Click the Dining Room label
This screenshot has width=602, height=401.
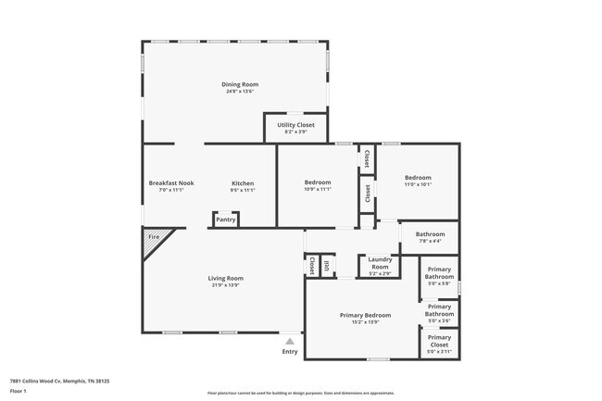point(239,84)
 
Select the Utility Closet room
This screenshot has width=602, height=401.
point(295,128)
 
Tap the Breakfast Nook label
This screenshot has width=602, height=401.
point(171,183)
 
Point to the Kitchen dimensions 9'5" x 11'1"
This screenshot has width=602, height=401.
point(242,190)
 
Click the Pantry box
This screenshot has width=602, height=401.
point(226,219)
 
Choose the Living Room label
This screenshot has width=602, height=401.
point(225,278)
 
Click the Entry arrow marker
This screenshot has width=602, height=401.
point(290,342)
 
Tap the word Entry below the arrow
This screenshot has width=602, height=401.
point(290,352)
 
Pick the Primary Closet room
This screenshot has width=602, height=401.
point(439,343)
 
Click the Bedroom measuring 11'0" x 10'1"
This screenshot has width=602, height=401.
point(418,181)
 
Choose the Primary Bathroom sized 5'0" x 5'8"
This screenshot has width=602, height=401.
point(439,275)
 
